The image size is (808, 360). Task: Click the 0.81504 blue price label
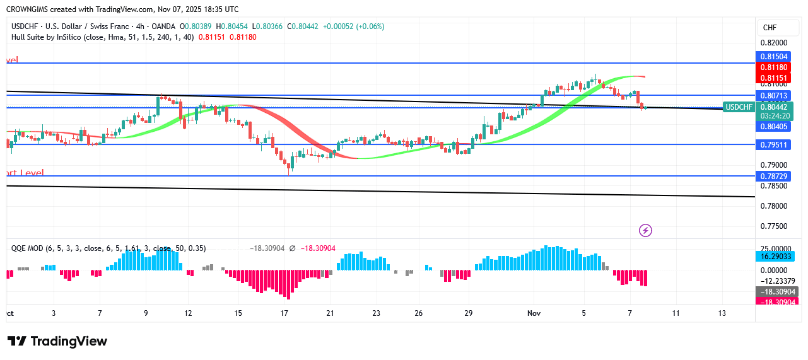[x=774, y=57]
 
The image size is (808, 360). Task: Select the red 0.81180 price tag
[x=774, y=67]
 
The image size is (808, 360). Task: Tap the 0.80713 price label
[x=774, y=96]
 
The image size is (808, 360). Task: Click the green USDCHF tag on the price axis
[x=739, y=107]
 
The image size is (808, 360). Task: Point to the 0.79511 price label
[x=774, y=144]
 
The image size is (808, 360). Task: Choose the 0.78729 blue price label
[x=774, y=176]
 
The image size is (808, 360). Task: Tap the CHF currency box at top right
[x=770, y=28]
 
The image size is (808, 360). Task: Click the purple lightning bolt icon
[x=645, y=230]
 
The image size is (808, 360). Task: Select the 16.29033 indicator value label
[x=774, y=257]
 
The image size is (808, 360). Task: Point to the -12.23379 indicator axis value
[x=776, y=281]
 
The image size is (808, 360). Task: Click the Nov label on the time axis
[x=534, y=313]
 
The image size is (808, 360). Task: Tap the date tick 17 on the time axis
[x=284, y=313]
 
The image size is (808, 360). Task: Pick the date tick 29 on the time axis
[x=469, y=313]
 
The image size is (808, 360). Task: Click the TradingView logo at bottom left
[x=57, y=341]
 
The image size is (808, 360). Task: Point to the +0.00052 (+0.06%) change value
[x=353, y=26]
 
